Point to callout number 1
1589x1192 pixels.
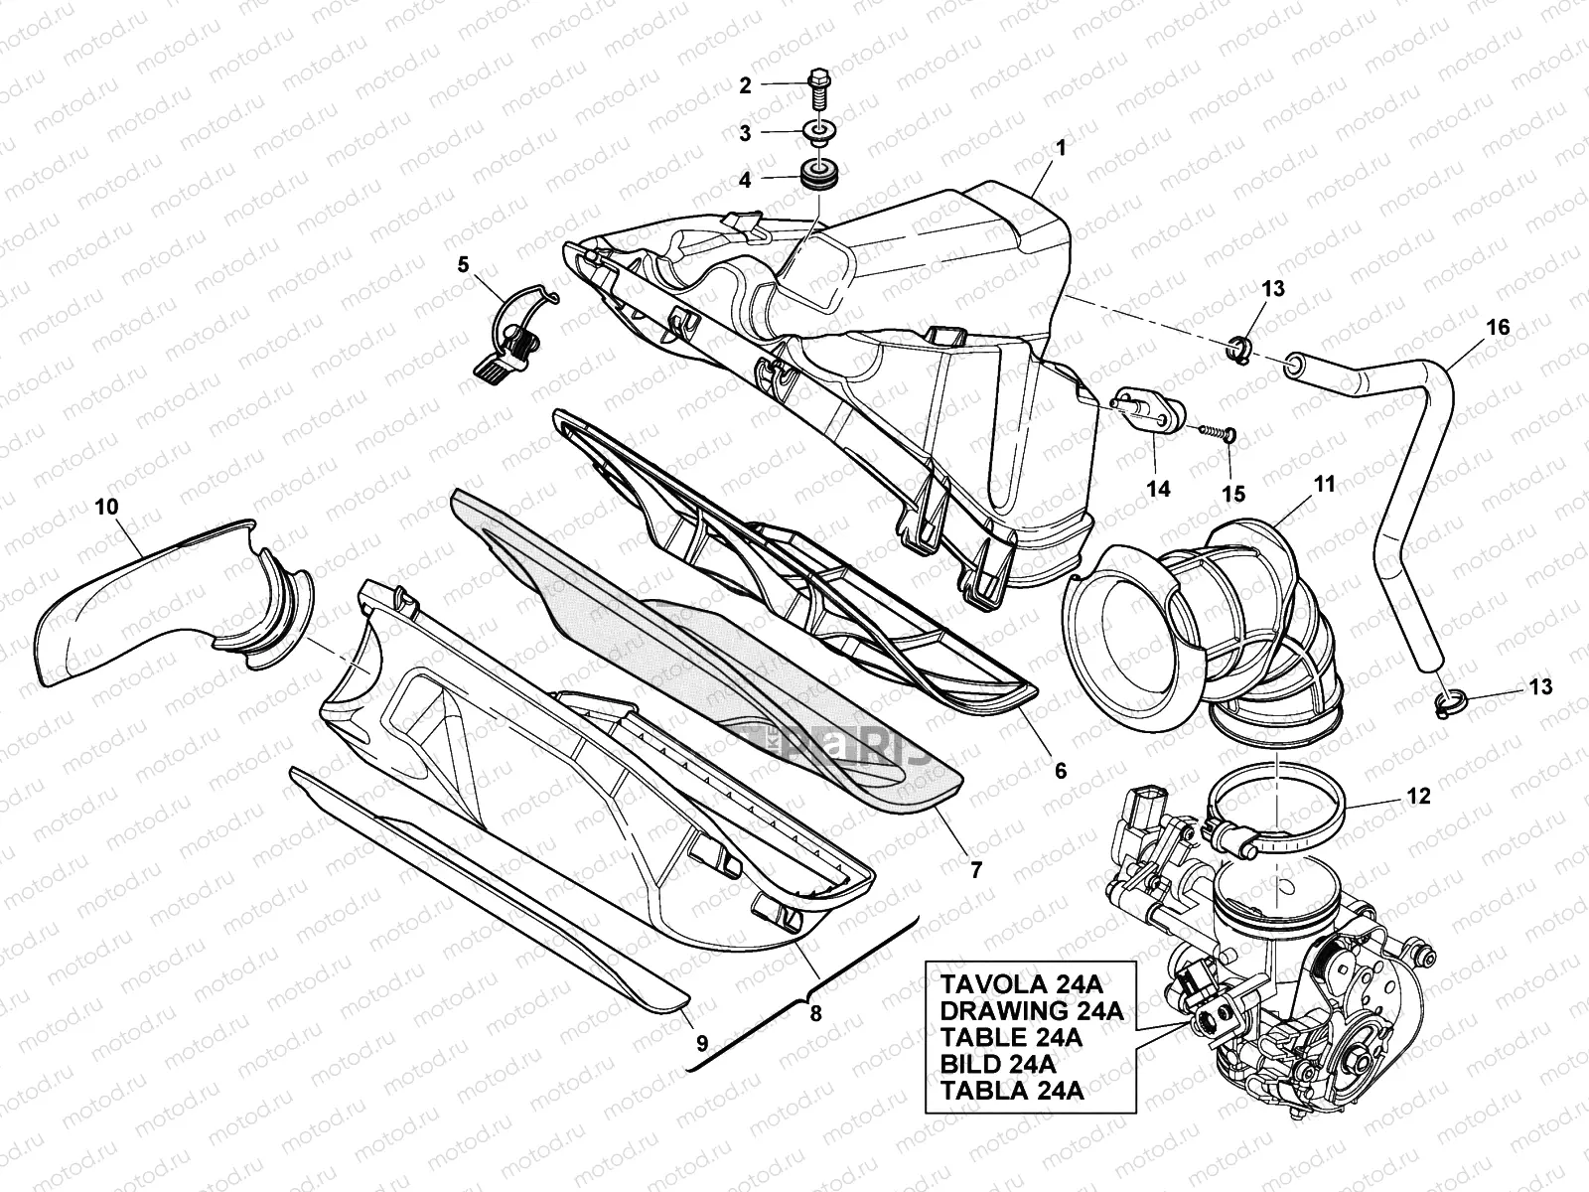1060,148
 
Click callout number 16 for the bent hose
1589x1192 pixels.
1497,327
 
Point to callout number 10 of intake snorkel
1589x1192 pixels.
106,507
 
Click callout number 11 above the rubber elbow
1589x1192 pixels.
1324,484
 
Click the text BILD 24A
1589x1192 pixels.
998,1063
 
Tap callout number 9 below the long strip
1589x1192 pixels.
701,1044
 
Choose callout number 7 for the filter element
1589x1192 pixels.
975,870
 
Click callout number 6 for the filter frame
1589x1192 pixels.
1060,771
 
